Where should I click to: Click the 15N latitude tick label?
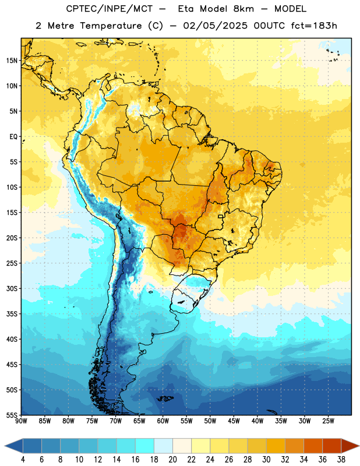[12, 61]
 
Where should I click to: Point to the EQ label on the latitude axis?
[13, 137]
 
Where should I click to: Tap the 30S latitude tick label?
[12, 288]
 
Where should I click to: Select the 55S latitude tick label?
[12, 415]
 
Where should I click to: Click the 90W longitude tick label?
[22, 421]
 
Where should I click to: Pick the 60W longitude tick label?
[163, 421]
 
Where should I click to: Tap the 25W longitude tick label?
[328, 421]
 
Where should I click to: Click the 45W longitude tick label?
[234, 421]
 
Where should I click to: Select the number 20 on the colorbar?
[172, 460]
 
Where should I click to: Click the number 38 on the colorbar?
[341, 460]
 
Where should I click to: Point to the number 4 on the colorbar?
[23, 460]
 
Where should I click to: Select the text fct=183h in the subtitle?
[314, 26]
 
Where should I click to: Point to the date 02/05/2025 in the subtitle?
[215, 26]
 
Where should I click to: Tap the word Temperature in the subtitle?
[111, 26]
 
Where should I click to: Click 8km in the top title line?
[243, 9]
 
